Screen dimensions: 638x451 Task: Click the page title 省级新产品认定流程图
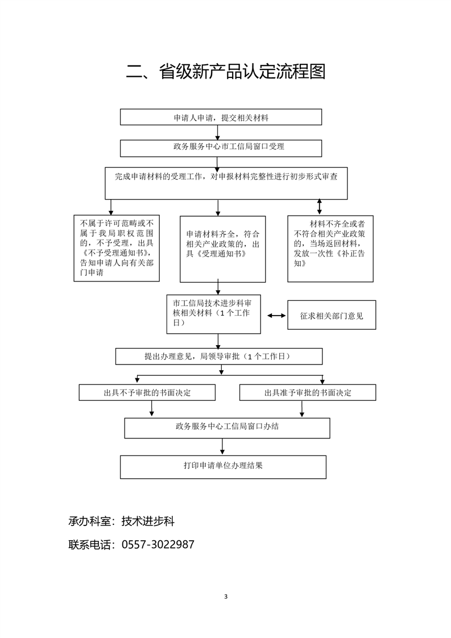point(225,73)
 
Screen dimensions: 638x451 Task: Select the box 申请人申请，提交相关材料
point(221,117)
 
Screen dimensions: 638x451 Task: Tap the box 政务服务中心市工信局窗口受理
point(221,147)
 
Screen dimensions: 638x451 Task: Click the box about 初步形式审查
point(226,183)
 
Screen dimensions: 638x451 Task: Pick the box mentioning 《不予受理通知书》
point(117,247)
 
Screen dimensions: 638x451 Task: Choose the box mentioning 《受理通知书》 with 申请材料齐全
point(222,248)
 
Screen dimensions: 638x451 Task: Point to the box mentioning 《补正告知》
point(330,248)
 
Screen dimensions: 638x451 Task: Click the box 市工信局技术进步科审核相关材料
point(213,313)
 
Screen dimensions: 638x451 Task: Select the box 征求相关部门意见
point(332,315)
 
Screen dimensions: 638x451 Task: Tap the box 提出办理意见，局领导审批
point(218,357)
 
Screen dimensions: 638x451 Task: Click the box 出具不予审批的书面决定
point(147,392)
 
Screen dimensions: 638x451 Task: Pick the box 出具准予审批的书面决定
point(308,392)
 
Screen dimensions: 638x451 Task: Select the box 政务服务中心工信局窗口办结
point(227,428)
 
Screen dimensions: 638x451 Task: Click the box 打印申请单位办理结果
point(223,466)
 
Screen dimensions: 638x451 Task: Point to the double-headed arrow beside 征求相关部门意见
point(276,315)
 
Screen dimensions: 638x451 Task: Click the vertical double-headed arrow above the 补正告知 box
point(319,206)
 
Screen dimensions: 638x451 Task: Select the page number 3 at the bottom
point(226,596)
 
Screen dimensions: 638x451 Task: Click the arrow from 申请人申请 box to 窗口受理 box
point(218,132)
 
